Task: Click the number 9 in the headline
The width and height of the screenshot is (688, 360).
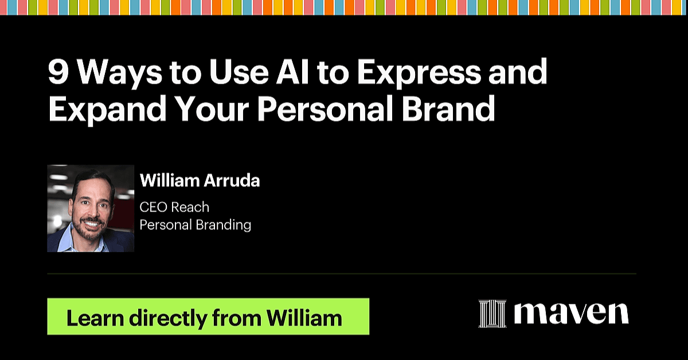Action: point(58,72)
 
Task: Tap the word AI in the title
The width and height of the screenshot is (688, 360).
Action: point(292,72)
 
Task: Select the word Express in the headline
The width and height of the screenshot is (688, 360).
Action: point(419,75)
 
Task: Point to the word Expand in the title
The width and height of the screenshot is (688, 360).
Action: point(107,111)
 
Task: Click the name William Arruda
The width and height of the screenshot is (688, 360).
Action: point(200,181)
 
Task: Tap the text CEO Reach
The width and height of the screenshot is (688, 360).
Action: point(174,208)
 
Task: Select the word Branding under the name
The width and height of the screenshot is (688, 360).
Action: point(223,226)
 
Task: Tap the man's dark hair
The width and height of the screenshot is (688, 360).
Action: point(92,179)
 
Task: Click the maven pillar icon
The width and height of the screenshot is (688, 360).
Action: point(492,314)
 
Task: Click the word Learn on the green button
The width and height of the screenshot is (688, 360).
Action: point(95,318)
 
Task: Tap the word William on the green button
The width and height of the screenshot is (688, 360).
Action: point(304,318)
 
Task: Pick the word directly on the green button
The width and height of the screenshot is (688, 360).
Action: point(168,319)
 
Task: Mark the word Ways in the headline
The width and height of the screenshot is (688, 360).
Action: point(119,75)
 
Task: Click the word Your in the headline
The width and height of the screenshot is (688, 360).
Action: point(213,108)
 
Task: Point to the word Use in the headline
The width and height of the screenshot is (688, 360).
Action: point(239,72)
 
